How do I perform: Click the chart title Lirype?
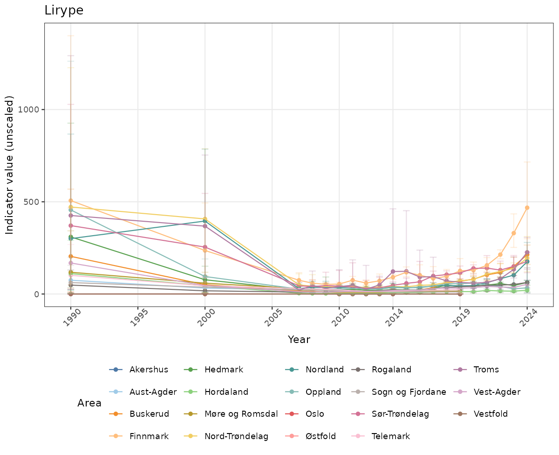pyautogui.click(x=64, y=11)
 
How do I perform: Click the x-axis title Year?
pyautogui.click(x=299, y=340)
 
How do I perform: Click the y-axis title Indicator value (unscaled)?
pyautogui.click(x=10, y=164)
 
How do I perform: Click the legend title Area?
pyautogui.click(x=89, y=403)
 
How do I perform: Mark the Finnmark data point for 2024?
pyautogui.click(x=527, y=208)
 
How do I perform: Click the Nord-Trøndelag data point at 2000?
pyautogui.click(x=205, y=219)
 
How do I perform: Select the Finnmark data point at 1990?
pyautogui.click(x=71, y=201)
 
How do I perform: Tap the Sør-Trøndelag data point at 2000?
pyautogui.click(x=205, y=247)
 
